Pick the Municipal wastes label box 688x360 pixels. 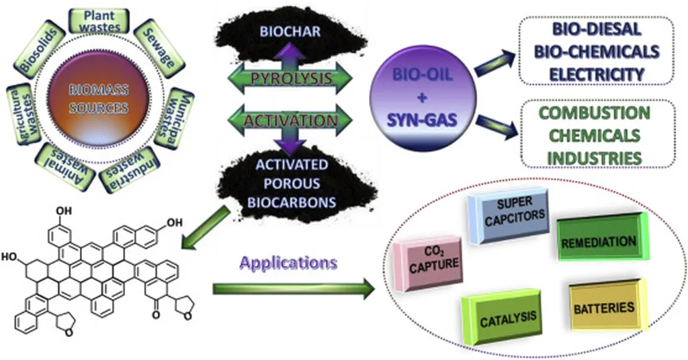coord(174,118)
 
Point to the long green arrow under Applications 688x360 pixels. coord(293,289)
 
